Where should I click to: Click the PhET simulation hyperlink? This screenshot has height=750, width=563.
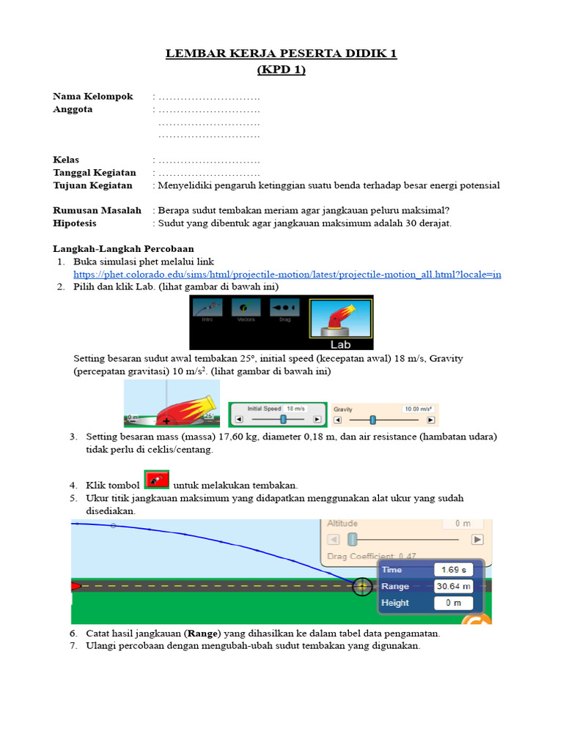pyautogui.click(x=287, y=274)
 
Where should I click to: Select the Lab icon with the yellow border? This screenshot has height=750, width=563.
pyautogui.click(x=340, y=321)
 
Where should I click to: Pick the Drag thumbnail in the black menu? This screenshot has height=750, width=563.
pyautogui.click(x=284, y=311)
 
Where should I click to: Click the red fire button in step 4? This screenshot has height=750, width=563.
pyautogui.click(x=156, y=480)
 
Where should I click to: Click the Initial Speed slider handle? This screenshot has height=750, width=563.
pyautogui.click(x=282, y=420)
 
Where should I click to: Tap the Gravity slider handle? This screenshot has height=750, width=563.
pyautogui.click(x=372, y=420)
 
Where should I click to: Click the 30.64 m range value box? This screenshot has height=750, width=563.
pyautogui.click(x=453, y=587)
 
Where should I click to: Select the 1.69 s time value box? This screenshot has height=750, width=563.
pyautogui.click(x=453, y=570)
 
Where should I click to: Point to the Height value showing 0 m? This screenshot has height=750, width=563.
pyautogui.click(x=453, y=604)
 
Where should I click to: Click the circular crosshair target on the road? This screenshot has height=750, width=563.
pyautogui.click(x=362, y=587)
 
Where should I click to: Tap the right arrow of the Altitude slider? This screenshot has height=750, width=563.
pyautogui.click(x=477, y=540)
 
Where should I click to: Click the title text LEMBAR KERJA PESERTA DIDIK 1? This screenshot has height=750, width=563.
pyautogui.click(x=281, y=54)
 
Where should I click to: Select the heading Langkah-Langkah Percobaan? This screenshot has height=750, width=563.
pyautogui.click(x=123, y=249)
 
